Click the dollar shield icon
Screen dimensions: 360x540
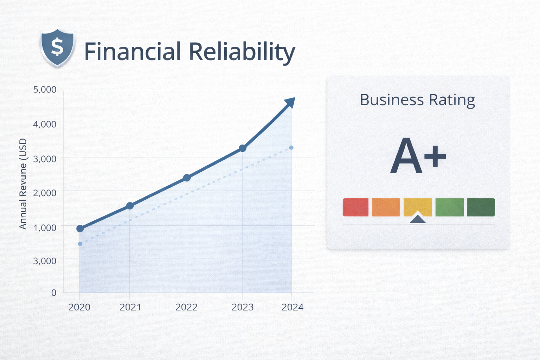(x=57, y=47)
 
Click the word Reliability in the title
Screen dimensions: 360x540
(x=242, y=52)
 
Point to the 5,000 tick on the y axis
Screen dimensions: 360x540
(x=45, y=90)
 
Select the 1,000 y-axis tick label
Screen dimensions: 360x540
(x=45, y=227)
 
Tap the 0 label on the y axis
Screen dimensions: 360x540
(x=54, y=292)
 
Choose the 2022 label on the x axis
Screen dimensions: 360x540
(x=186, y=307)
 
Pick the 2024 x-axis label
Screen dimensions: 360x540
(x=292, y=307)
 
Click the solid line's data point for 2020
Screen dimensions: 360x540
(x=80, y=229)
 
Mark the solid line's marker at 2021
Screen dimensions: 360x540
(x=130, y=206)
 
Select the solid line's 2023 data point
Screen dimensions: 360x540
(x=242, y=148)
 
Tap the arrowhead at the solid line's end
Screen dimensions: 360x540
(x=290, y=102)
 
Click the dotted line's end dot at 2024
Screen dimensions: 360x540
(x=291, y=148)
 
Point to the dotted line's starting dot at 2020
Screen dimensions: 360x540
(x=80, y=244)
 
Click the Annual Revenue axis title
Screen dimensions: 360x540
(x=23, y=184)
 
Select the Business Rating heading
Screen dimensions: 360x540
(x=417, y=100)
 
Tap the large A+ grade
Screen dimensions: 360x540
(x=418, y=156)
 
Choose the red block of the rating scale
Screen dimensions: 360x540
(x=355, y=207)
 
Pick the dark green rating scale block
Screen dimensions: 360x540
(x=481, y=207)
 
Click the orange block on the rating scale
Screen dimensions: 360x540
(x=386, y=207)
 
